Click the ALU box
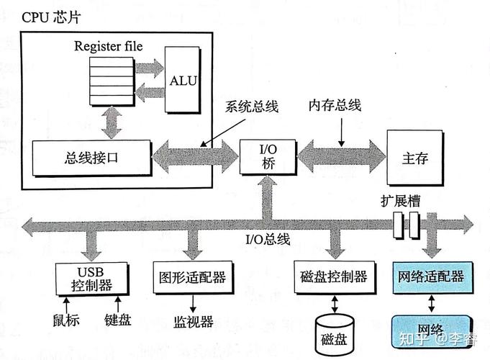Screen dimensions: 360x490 click(x=183, y=80)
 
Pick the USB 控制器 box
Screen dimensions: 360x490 click(x=92, y=277)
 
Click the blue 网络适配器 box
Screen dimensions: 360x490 click(x=430, y=276)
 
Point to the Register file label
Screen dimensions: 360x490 click(x=108, y=46)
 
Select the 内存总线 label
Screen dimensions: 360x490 click(x=335, y=105)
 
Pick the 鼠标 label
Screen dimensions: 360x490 click(x=66, y=320)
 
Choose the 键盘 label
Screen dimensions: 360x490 click(x=117, y=320)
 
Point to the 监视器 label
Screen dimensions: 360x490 click(x=190, y=321)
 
